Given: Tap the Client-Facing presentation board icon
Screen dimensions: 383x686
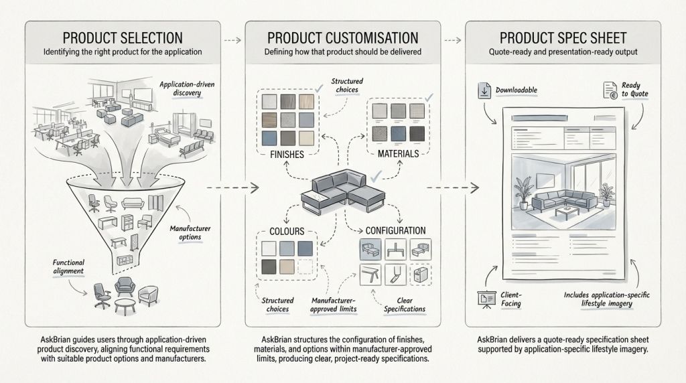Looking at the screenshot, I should (x=486, y=299).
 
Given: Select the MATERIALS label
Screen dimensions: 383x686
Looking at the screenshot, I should (x=398, y=153).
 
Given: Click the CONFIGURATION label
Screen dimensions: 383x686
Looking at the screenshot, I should (x=395, y=230).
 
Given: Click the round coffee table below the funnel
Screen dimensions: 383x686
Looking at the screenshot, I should (x=125, y=305).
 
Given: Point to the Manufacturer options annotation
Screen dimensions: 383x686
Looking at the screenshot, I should (x=190, y=232).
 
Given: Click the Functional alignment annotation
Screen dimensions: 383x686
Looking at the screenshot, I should (x=68, y=266).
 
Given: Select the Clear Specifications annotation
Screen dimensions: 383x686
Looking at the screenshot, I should (x=405, y=304).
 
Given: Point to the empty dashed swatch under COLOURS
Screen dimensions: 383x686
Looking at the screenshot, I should (x=305, y=266).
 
